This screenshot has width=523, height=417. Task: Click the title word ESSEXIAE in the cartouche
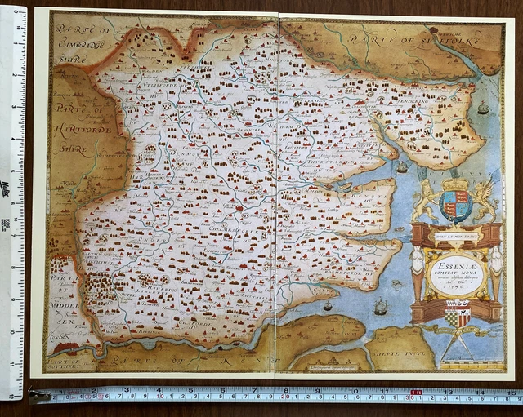[456, 264]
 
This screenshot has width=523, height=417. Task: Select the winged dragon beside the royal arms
[485, 197]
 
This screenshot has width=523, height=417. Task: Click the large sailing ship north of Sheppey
[381, 308]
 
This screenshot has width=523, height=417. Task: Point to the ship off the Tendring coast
[483, 108]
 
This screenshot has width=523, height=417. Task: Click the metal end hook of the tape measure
[36, 397]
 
